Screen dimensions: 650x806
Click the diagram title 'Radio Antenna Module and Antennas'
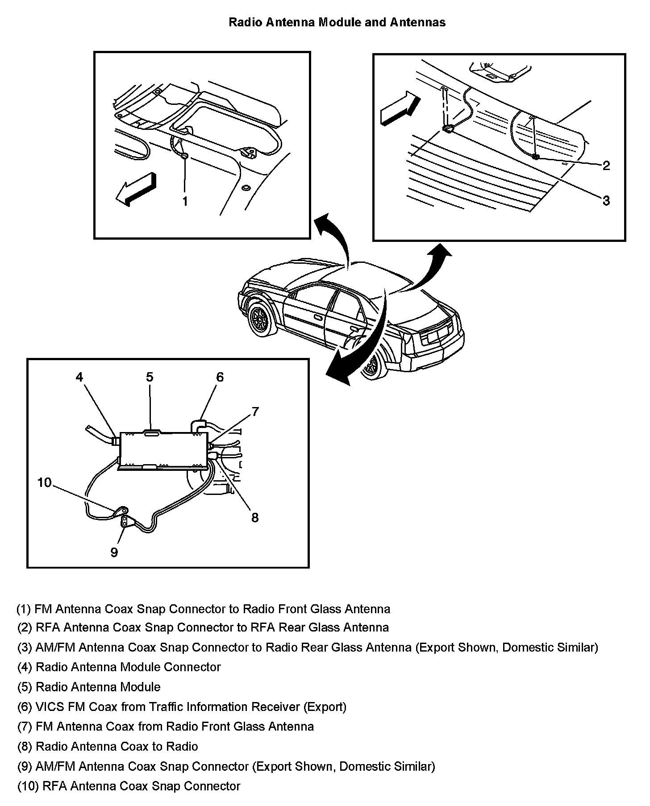point(337,22)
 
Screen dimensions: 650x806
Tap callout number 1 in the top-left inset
point(185,201)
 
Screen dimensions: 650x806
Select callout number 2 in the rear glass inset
point(606,166)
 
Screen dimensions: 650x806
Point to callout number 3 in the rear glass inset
point(606,201)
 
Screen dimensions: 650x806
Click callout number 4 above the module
point(79,377)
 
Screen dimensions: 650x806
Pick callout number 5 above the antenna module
point(150,377)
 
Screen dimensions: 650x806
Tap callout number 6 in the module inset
point(220,377)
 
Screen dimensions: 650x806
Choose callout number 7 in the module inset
point(255,411)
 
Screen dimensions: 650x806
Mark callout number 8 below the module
point(255,518)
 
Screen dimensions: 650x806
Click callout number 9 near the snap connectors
point(114,553)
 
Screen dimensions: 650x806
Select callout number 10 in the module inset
point(45,482)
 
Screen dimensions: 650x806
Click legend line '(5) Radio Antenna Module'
point(89,687)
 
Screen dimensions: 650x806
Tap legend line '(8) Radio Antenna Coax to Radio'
point(108,746)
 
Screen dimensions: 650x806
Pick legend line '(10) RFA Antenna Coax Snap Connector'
point(129,786)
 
